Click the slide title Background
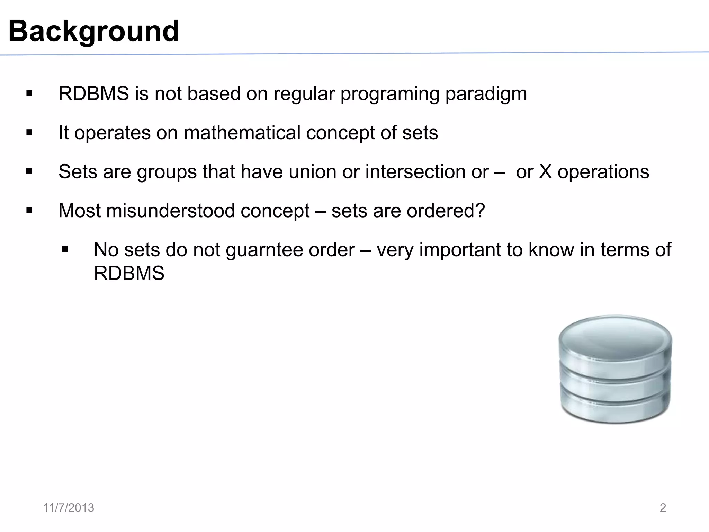(x=93, y=31)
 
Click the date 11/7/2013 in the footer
(x=69, y=508)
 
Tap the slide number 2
(x=663, y=508)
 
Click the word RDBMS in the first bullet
(x=93, y=94)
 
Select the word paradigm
(x=486, y=94)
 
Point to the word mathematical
(x=242, y=133)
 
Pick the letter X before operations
(x=545, y=172)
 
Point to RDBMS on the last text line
(x=129, y=273)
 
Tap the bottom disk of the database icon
(x=615, y=409)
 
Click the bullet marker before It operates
(x=29, y=133)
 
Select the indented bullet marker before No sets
(x=65, y=249)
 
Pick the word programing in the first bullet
(x=390, y=94)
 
